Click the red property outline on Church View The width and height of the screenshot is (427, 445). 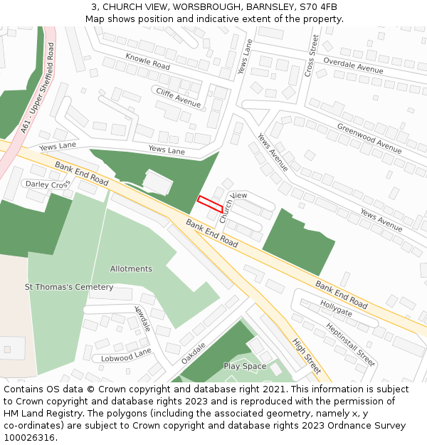tap(210, 203)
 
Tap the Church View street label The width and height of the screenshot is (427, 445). tap(233, 207)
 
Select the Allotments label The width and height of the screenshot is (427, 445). tap(131, 269)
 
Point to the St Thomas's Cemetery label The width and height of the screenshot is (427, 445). tap(69, 287)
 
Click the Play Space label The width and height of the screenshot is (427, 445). tap(245, 366)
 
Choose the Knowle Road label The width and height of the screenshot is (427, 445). tap(147, 61)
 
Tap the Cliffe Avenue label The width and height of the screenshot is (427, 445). tap(179, 97)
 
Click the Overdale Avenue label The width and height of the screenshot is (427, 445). tap(353, 66)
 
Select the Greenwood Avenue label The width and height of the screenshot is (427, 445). tap(369, 137)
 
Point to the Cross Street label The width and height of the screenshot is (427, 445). tap(310, 56)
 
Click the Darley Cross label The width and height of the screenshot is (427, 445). tap(48, 184)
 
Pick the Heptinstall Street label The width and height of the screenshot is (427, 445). tap(350, 344)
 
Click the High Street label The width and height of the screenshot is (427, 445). tap(307, 355)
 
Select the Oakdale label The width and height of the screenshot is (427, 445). tap(193, 353)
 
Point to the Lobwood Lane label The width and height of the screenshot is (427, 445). tap(126, 355)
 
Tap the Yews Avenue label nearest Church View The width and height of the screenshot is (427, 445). tap(273, 152)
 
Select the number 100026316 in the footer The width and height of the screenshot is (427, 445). tap(29, 437)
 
